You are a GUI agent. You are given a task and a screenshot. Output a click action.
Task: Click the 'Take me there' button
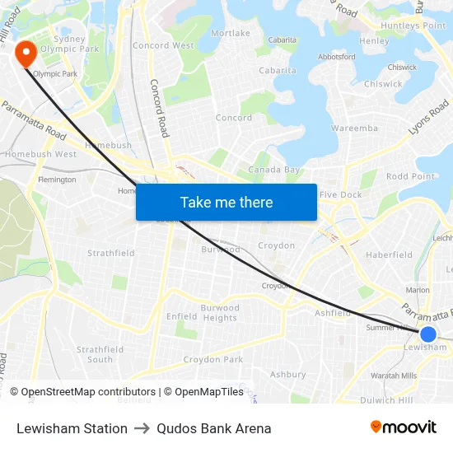point(226,202)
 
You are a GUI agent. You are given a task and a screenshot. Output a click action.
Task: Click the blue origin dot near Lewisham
point(427,334)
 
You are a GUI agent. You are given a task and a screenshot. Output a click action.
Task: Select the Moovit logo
point(404,427)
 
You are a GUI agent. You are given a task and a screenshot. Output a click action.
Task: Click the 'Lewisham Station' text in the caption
point(72,428)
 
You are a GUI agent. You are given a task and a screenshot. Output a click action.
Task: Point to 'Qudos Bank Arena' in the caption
point(213,428)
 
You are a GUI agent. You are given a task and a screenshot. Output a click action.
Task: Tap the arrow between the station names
point(142,428)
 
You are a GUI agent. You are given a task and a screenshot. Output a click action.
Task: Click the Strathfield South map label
point(100,354)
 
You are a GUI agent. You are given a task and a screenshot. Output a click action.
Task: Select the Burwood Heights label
point(220,313)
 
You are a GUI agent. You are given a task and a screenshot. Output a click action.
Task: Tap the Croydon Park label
point(213,359)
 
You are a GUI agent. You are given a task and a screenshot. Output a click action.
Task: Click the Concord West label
point(162,45)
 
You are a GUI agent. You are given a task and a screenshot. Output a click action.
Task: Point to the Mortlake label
point(231,33)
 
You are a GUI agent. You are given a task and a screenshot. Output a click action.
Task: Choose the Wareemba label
point(354,128)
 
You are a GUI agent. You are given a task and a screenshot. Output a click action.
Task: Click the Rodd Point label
point(410,176)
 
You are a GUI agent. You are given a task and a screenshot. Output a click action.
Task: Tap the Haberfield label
point(389,255)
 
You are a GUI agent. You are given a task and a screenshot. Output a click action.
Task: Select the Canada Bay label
point(275,170)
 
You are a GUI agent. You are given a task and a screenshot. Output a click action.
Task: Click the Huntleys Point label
point(413,26)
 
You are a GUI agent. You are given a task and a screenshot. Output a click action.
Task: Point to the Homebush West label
point(41,154)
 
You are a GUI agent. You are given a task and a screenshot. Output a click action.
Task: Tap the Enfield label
point(182,315)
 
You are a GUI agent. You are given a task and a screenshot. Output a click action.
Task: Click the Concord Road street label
point(159,107)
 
